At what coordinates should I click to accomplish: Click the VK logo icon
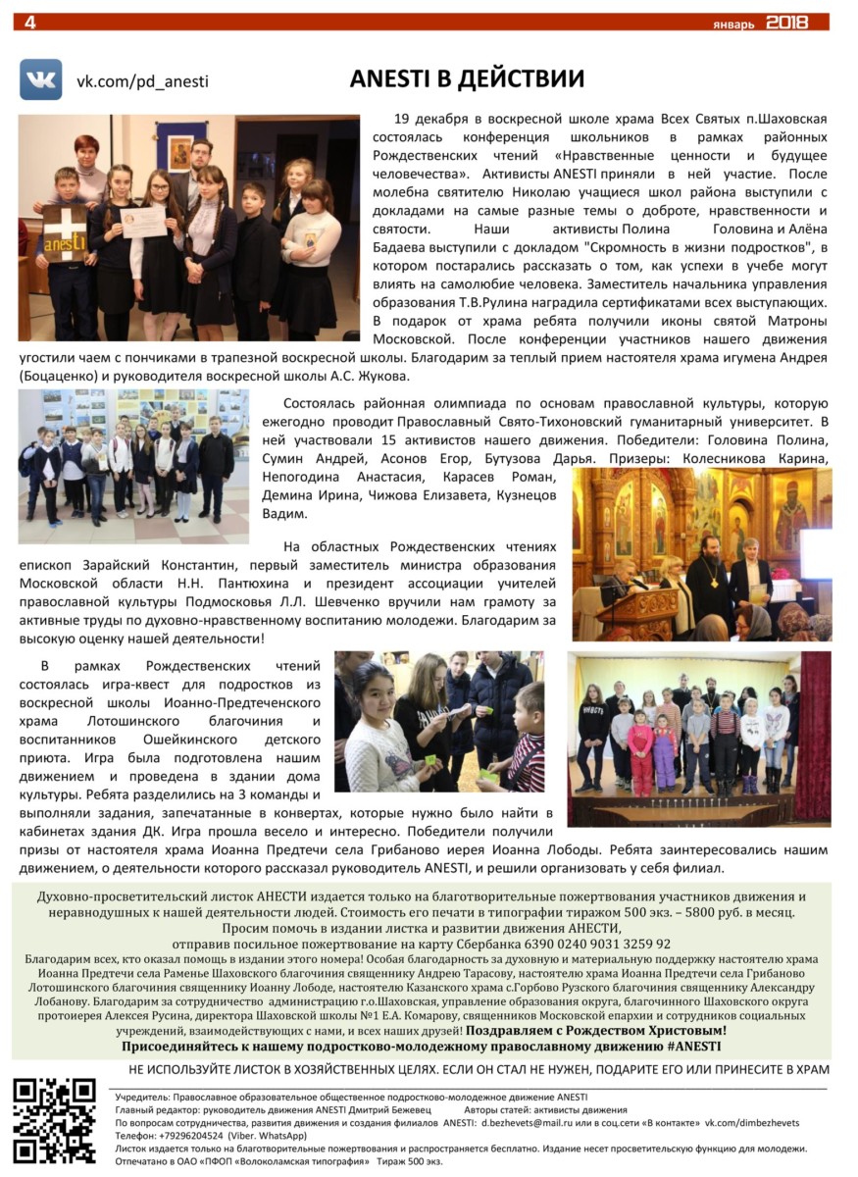coord(40,79)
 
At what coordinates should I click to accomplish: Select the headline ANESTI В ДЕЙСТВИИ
coord(467,78)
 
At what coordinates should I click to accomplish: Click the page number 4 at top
coord(29,22)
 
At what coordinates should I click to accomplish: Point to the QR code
coord(55,1121)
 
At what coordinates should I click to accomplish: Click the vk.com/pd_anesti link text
coord(142,82)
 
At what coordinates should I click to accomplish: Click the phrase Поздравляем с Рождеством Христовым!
coord(596,1031)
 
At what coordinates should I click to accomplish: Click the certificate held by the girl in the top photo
coord(143,221)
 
